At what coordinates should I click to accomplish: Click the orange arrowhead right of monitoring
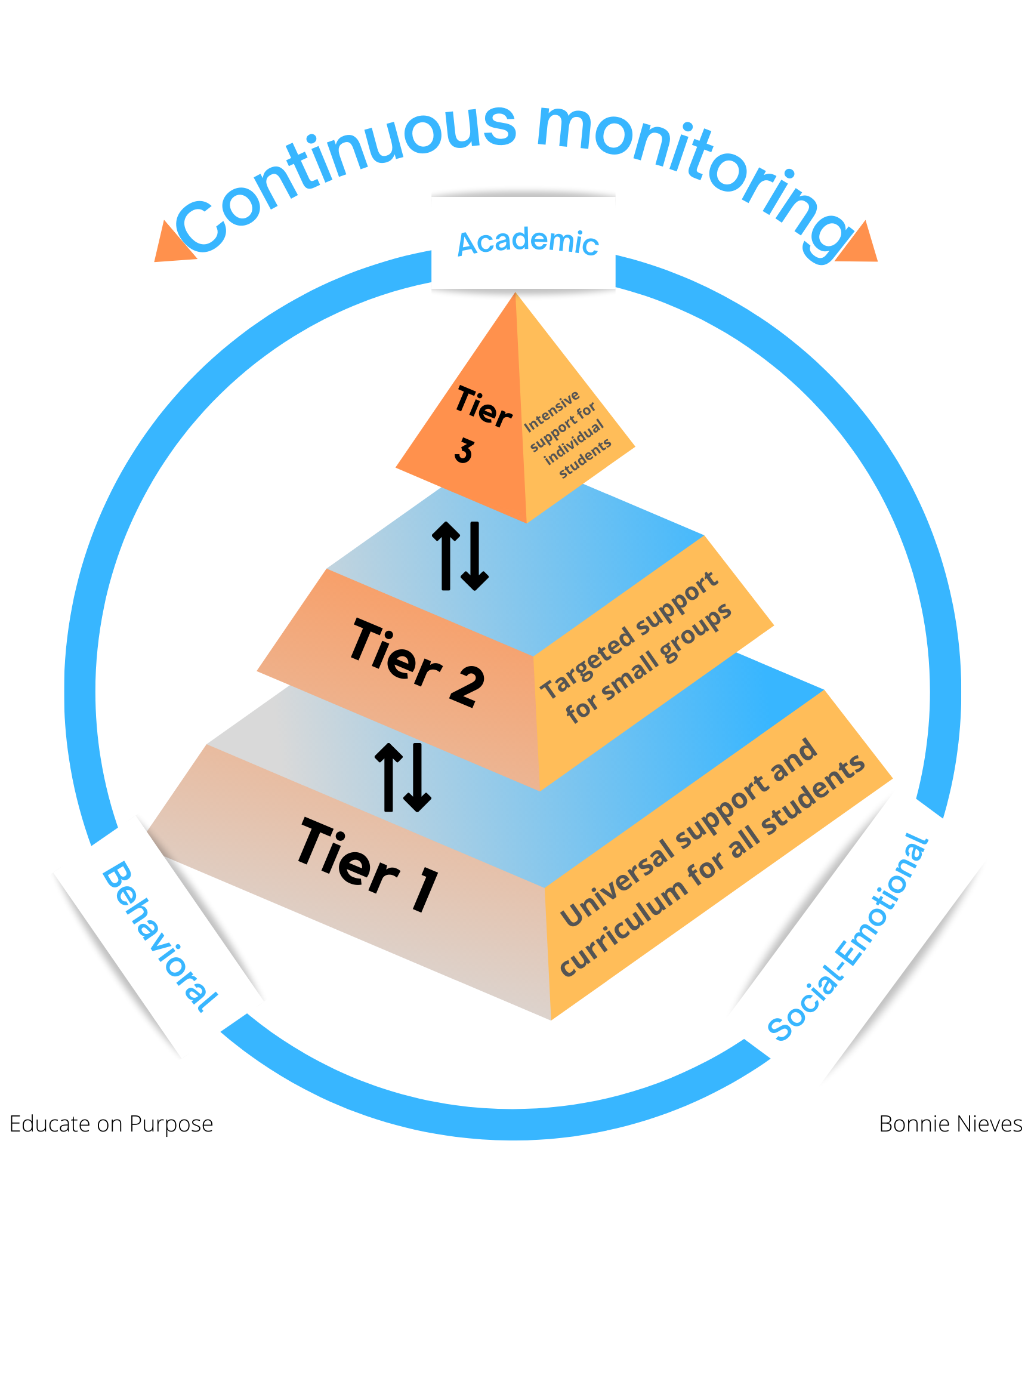[859, 244]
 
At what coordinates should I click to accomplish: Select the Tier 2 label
[416, 662]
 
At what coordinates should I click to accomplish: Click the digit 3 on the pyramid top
[464, 451]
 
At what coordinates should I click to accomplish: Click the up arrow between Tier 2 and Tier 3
[446, 554]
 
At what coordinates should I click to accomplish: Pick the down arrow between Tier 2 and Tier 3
[475, 556]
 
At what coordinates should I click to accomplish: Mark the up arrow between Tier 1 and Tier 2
[388, 777]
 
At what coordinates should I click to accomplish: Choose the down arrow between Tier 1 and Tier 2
[417, 777]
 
